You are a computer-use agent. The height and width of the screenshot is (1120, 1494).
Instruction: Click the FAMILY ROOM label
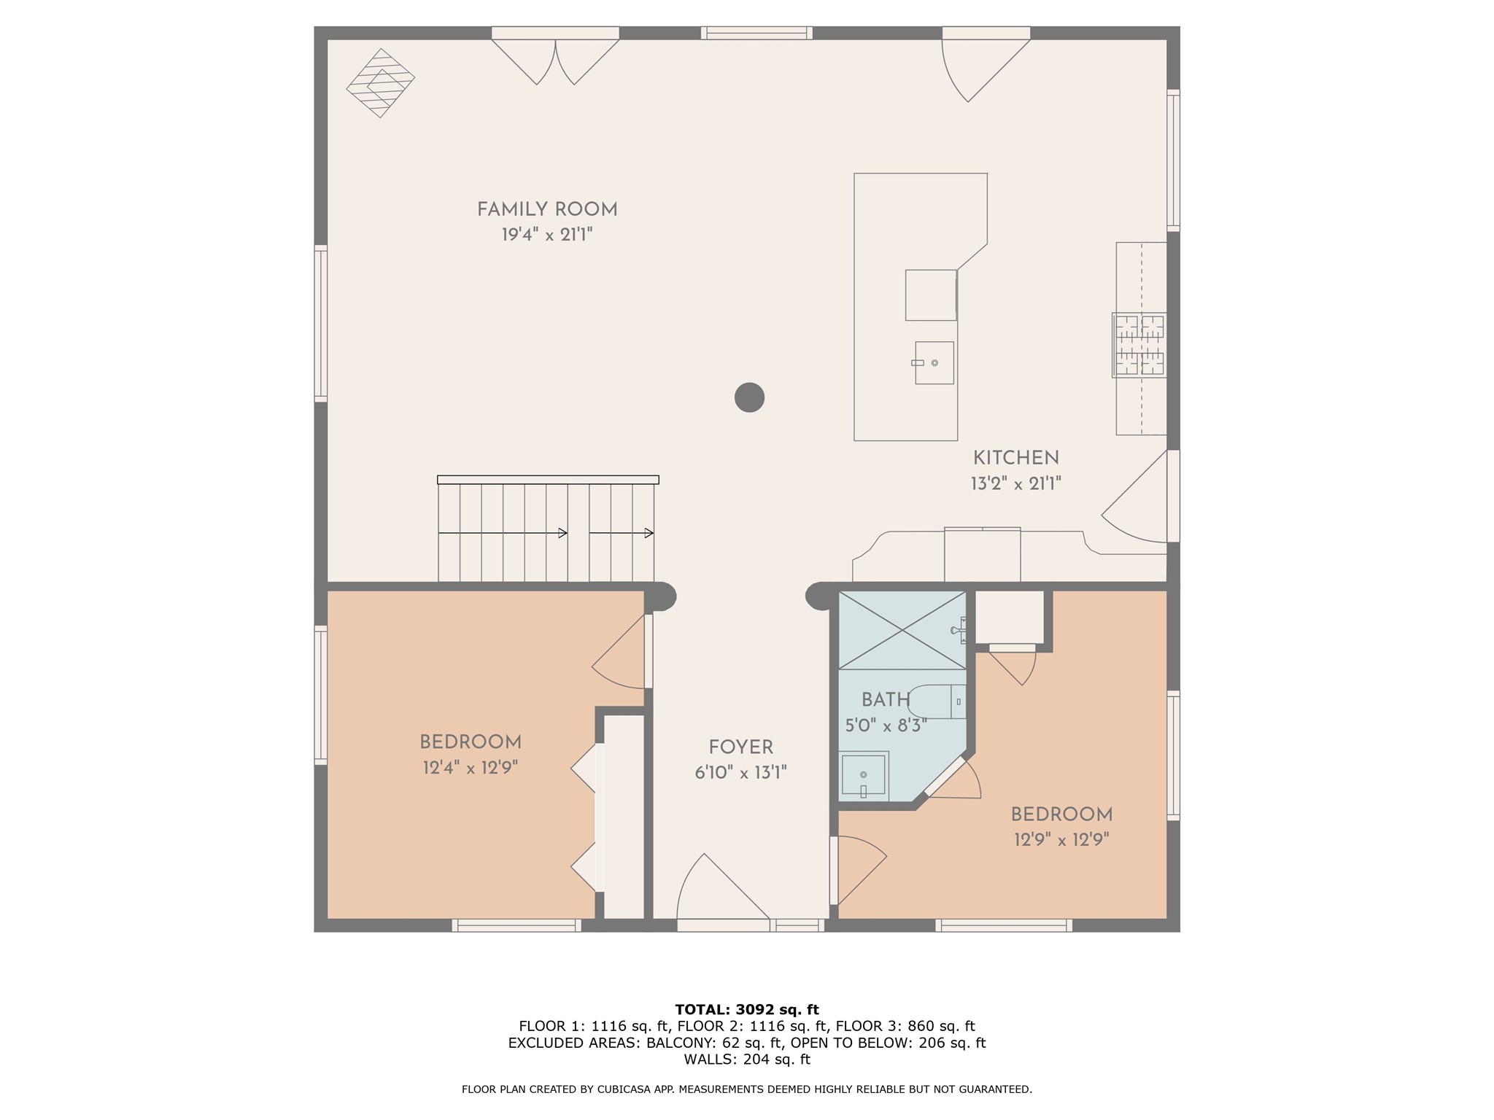547,210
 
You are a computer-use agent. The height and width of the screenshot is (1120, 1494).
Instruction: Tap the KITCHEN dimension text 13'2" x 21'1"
1015,483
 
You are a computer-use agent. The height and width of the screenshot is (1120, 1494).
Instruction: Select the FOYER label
741,747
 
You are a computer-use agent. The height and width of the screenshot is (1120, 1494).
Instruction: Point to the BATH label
886,700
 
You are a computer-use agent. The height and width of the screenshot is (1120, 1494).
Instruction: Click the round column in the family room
749,397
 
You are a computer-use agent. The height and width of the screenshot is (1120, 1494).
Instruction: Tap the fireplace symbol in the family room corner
380,83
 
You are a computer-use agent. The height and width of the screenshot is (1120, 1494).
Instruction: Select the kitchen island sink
934,362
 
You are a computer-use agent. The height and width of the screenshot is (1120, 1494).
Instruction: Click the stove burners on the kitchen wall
1139,345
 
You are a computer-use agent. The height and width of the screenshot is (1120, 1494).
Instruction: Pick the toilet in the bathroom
937,701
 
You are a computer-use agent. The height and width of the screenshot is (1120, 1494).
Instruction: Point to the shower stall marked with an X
902,630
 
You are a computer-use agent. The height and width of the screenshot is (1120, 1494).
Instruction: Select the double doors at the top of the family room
556,61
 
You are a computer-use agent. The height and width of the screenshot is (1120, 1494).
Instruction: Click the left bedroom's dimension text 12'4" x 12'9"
471,768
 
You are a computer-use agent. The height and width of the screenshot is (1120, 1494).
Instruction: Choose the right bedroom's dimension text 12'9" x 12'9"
1061,840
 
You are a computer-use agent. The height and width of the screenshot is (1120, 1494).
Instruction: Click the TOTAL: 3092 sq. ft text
747,1010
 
